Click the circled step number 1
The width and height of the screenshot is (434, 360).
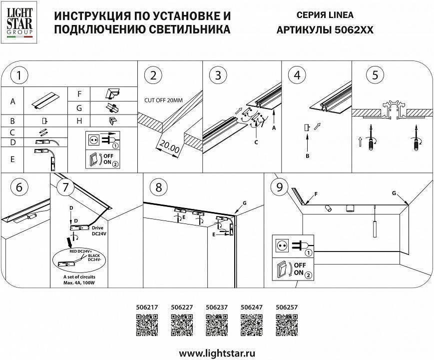pos(19,75)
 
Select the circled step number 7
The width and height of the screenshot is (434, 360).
pos(65,187)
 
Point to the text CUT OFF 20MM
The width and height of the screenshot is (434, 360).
pos(163,100)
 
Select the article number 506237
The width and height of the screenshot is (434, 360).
pos(217,308)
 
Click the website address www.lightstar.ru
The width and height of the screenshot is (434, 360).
pos(217,353)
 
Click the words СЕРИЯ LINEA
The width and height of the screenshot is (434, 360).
pos(325,15)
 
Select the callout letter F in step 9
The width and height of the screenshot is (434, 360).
pos(315,192)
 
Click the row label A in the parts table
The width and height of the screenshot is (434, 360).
pos(12,101)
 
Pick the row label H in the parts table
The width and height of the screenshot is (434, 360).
pos(79,121)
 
